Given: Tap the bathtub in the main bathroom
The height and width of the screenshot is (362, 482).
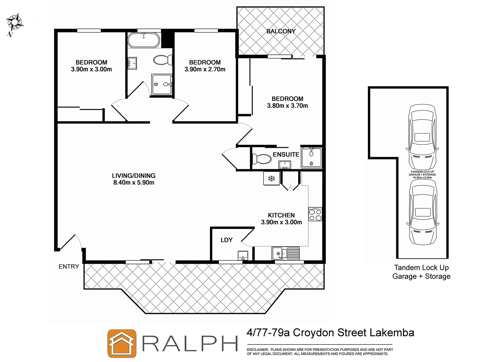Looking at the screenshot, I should pos(144,40).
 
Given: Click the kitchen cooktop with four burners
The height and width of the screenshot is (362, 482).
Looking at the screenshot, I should pos(315,214).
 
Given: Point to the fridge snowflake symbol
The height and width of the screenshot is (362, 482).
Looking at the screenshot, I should pos(271,179).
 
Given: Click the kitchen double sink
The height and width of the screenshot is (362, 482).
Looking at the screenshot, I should pos(285,253).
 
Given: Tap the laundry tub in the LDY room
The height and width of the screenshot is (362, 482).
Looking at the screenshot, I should pos(243,255).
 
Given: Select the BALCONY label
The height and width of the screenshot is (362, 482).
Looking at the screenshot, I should pos(281,31).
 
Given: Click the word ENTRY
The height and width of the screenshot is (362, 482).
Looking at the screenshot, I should pos(69,266).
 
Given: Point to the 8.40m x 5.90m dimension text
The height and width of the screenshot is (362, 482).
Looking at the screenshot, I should pos(134,182).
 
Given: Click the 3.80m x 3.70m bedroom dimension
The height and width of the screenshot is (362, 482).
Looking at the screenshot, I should pos(287,106).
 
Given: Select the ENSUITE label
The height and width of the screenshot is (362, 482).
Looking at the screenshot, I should pos(286,154).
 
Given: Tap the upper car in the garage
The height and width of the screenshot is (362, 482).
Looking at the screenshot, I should pos(422,137).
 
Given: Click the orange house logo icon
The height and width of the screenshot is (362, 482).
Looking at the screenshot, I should pos(122,343).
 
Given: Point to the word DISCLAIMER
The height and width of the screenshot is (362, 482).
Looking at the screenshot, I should pos(257,350).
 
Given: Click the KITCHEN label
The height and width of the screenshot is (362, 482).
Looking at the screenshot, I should pos(281,215).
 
